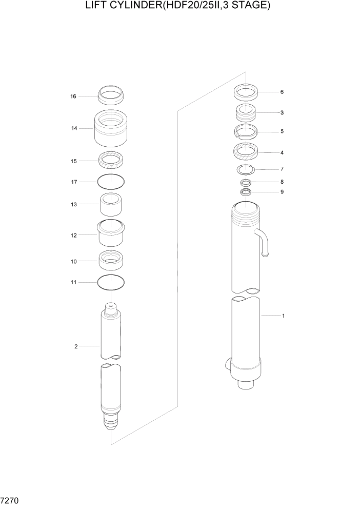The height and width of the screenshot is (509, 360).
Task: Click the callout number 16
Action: click(73, 96)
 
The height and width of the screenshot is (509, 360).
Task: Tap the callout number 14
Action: click(74, 128)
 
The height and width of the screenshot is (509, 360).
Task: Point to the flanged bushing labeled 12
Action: click(111, 234)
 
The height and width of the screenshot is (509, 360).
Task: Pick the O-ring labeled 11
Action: click(111, 282)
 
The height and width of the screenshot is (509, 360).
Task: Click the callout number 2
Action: click(76, 346)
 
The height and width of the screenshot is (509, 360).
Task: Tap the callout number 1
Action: click(283, 316)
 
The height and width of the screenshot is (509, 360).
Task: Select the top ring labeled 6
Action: click(246, 93)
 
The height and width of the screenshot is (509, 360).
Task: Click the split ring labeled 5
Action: click(246, 131)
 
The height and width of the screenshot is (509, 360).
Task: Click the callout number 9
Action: click(282, 192)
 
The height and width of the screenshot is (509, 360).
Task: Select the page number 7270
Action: click(10, 499)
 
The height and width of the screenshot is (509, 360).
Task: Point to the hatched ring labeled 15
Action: click(111, 161)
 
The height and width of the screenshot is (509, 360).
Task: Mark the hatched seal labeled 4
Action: click(246, 152)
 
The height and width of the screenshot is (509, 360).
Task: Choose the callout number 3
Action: click(282, 112)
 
